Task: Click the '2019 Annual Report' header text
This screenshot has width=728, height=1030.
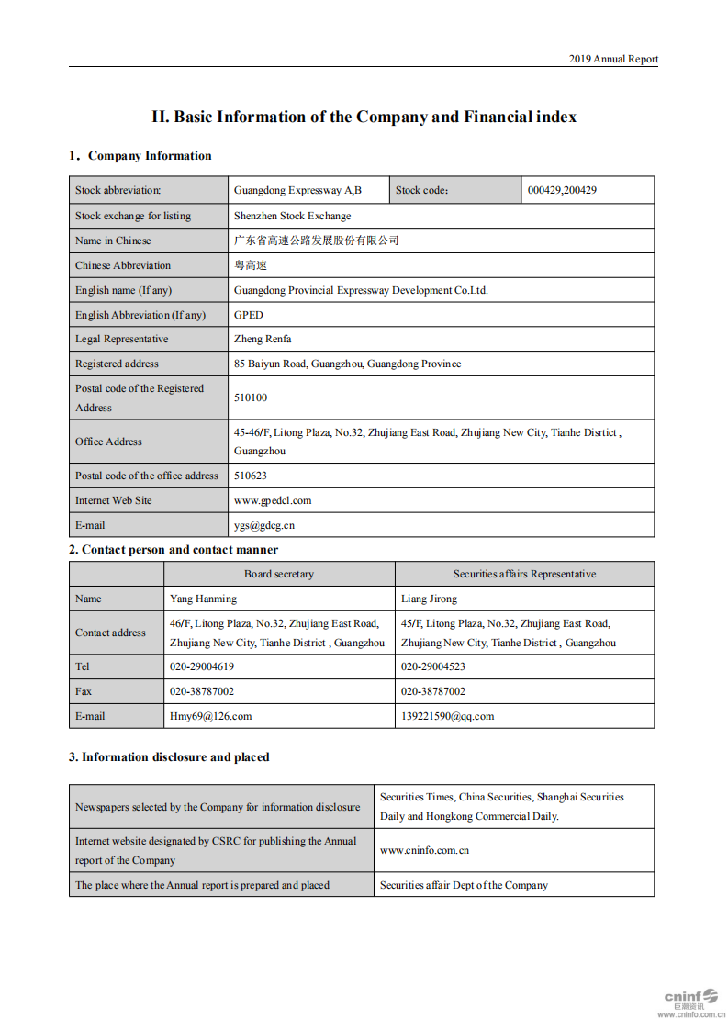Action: click(x=612, y=59)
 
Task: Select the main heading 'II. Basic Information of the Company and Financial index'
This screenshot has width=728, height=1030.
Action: click(x=364, y=117)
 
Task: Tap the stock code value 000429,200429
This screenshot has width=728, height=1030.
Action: click(x=562, y=191)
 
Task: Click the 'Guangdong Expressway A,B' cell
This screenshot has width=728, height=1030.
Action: click(x=297, y=191)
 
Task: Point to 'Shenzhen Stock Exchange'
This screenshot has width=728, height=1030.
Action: click(x=292, y=216)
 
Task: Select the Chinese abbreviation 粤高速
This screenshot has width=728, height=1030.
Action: click(x=250, y=265)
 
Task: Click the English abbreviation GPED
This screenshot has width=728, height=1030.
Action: click(x=248, y=315)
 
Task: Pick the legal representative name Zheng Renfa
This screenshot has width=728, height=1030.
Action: click(x=263, y=339)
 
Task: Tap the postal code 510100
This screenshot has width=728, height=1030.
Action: click(x=251, y=398)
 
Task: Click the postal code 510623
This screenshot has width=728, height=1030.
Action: click(x=251, y=476)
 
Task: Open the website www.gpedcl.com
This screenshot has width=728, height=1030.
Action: click(x=273, y=500)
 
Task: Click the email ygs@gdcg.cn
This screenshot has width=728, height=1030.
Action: click(x=264, y=525)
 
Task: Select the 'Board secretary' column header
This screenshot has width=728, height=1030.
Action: click(x=278, y=574)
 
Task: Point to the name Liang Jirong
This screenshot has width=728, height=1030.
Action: click(x=429, y=599)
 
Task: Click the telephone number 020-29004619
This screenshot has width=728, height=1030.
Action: click(x=202, y=666)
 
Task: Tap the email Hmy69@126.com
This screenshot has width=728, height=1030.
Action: click(x=210, y=716)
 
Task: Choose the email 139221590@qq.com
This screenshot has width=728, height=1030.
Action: click(x=447, y=716)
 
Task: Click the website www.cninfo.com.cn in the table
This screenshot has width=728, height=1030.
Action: click(x=424, y=850)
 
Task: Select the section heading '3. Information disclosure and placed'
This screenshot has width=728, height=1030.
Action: click(x=169, y=757)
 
